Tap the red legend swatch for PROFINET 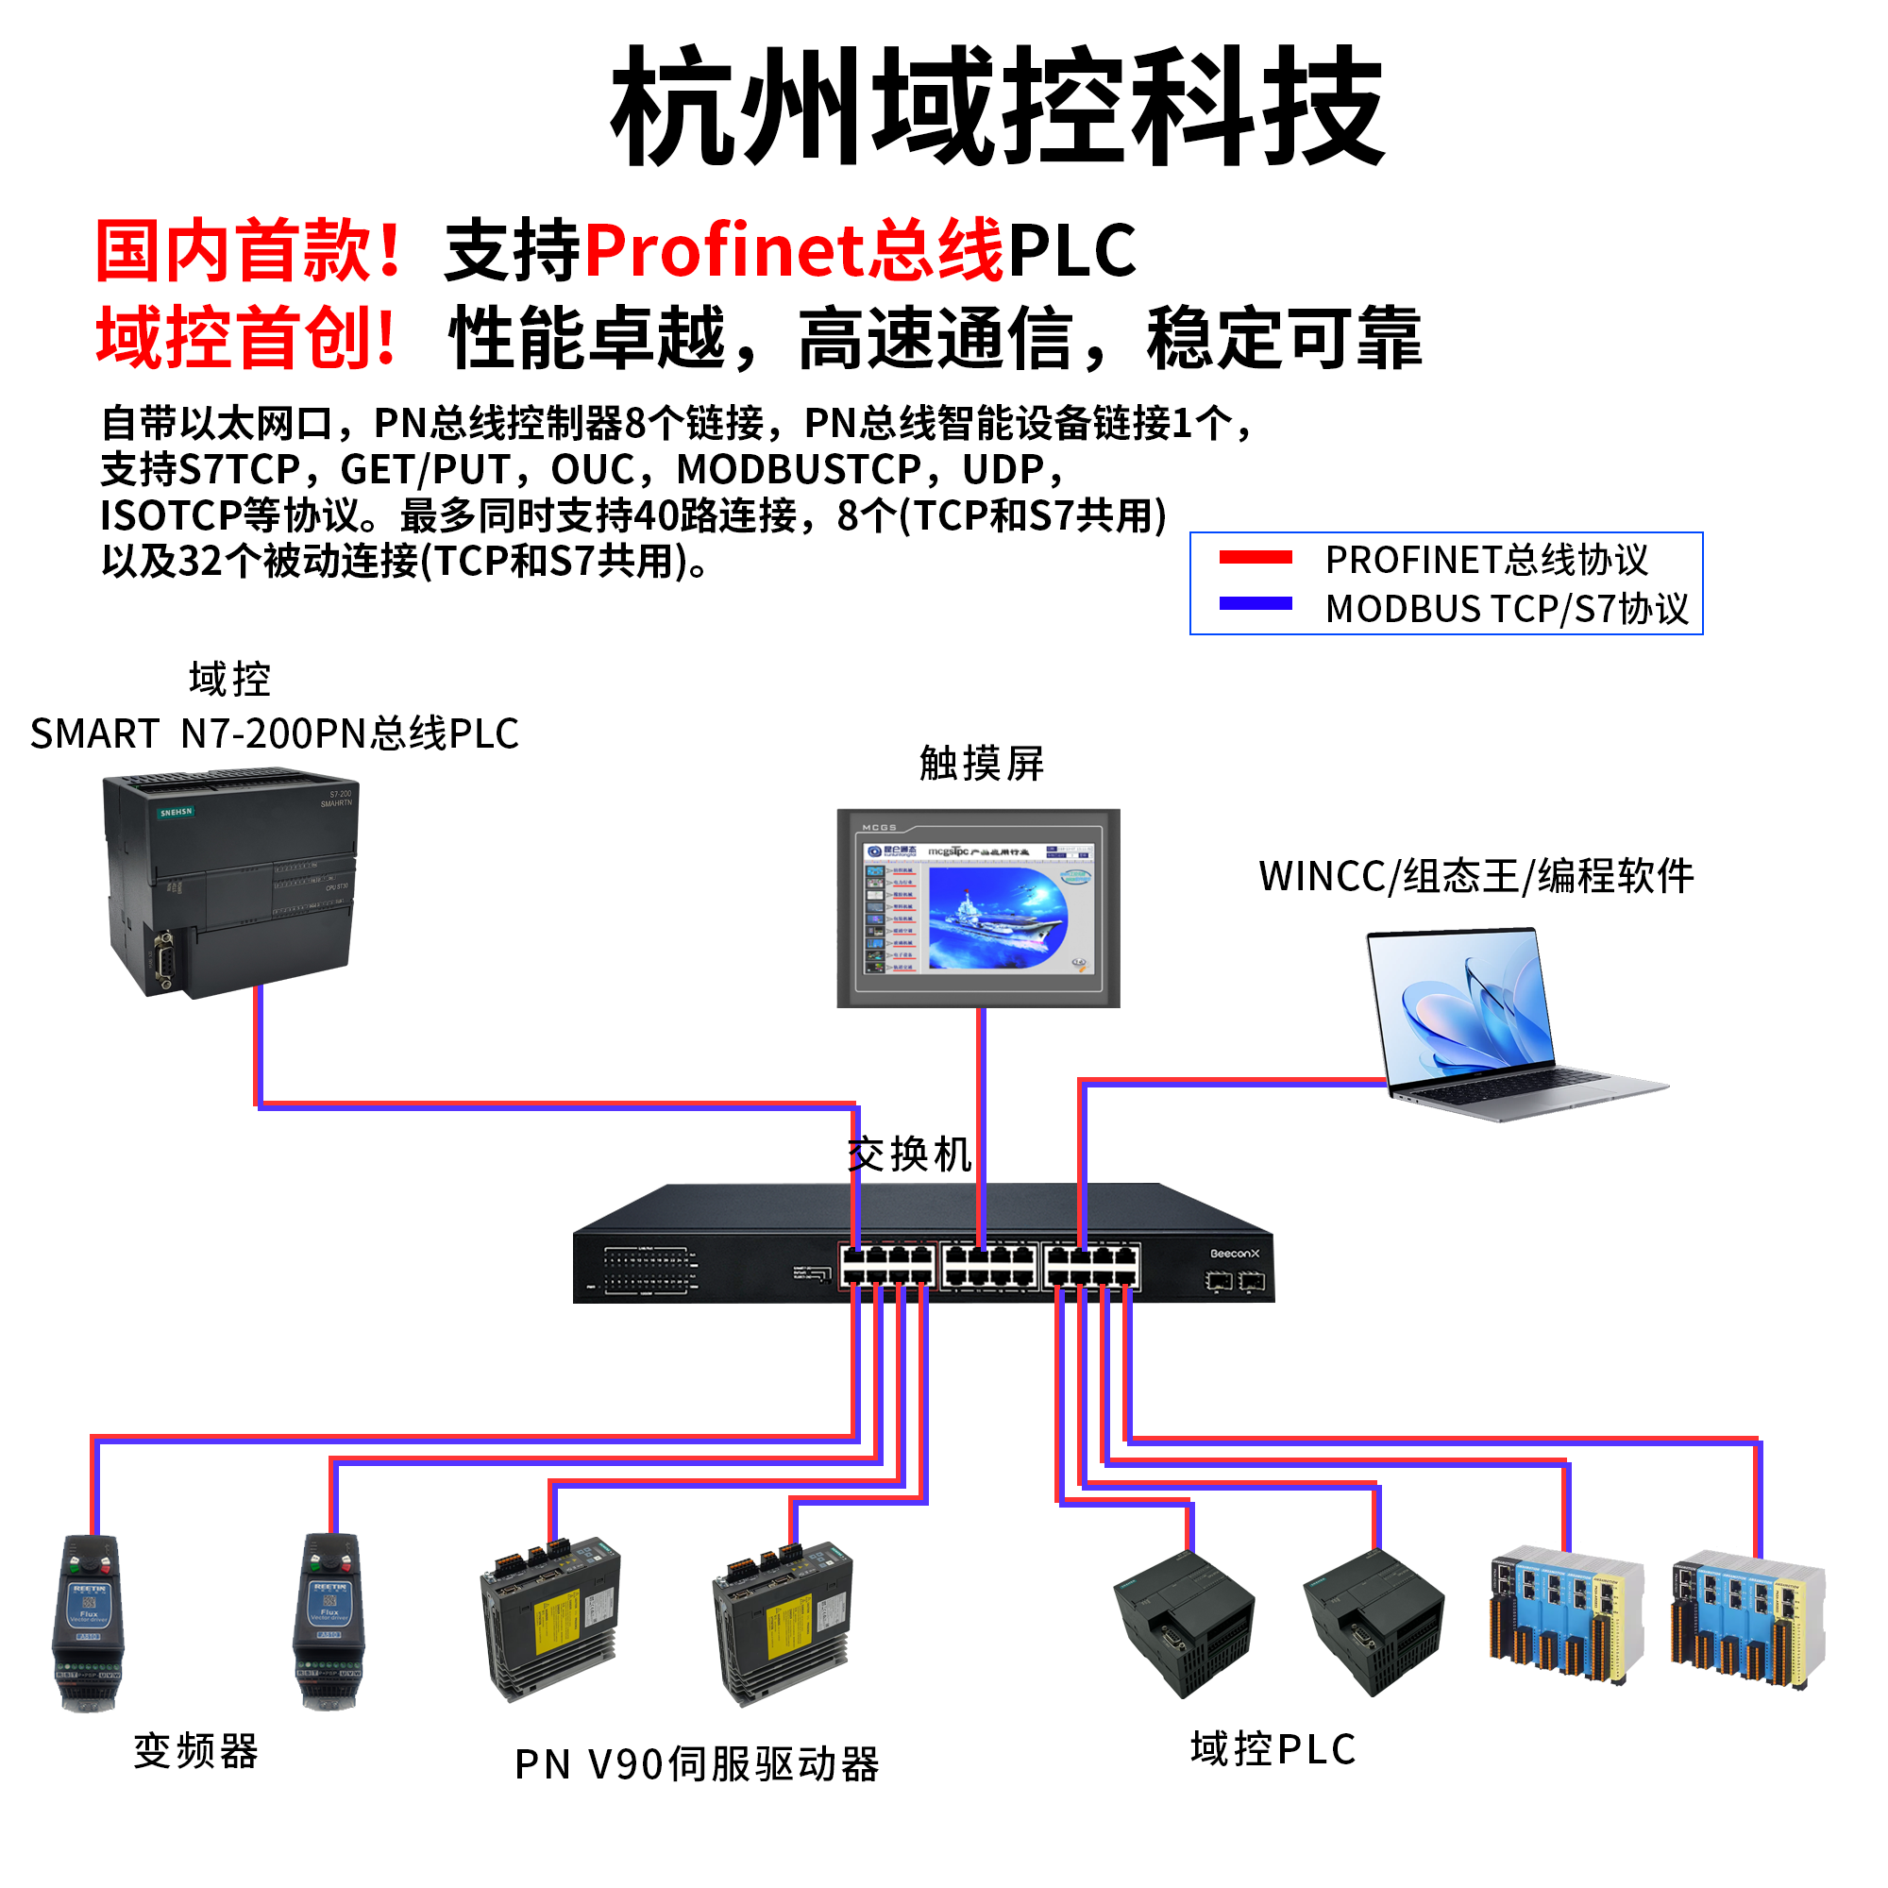(1256, 558)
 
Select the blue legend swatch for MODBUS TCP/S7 (1256, 604)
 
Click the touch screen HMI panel (978, 908)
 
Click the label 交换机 (909, 1155)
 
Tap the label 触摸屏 (981, 763)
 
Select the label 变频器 (195, 1751)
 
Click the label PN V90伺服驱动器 (697, 1765)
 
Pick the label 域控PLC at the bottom (1273, 1749)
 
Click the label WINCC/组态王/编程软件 (1475, 876)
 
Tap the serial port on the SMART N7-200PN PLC (163, 962)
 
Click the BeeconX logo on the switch (1234, 1254)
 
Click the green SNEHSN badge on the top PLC (177, 812)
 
